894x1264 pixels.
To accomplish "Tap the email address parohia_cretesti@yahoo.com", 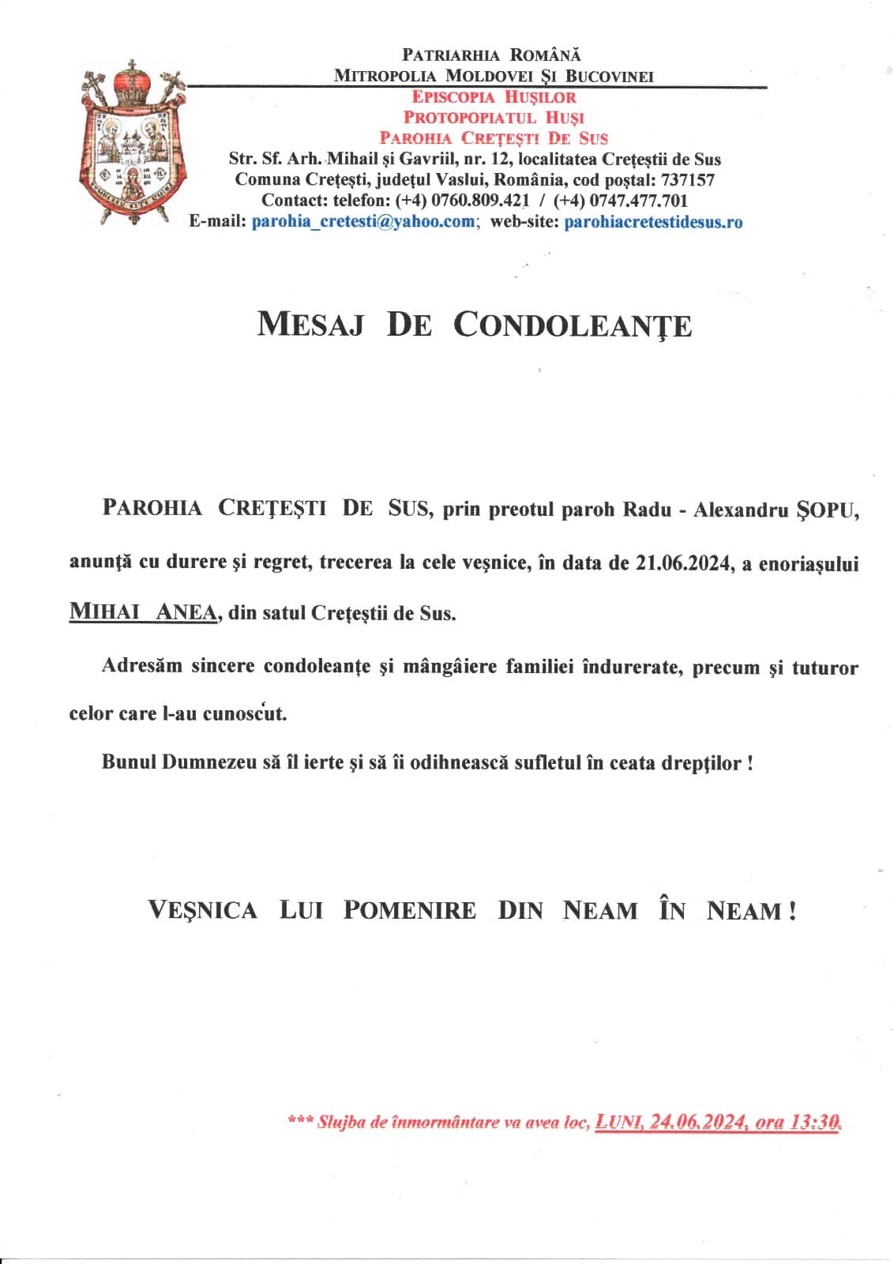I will coord(362,222).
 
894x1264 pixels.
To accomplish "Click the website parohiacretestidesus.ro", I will coord(653,222).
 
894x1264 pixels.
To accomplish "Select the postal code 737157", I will coord(687,180).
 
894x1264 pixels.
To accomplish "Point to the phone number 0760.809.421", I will coord(462,201).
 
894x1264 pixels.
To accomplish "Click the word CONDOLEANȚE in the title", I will coord(573,325).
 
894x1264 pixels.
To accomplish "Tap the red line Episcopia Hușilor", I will coord(494,97).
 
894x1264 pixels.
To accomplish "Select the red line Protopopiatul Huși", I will coord(494,118).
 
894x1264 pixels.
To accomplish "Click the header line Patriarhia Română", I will coord(491,55).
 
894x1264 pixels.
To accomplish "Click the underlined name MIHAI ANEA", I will coord(143,611).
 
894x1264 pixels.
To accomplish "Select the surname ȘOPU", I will coord(827,510).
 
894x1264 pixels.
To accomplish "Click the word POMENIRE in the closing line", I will coord(409,910).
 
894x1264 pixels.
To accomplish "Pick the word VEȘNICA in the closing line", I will coord(202,910).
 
